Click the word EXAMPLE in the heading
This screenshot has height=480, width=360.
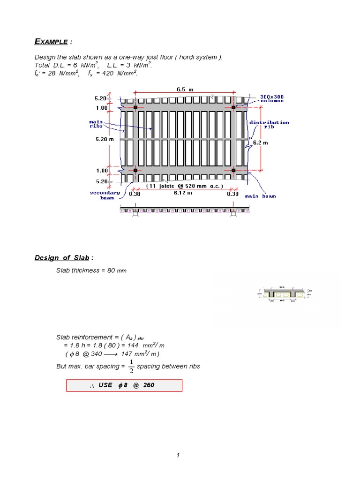coord(52,42)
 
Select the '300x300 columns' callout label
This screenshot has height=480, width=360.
coord(272,99)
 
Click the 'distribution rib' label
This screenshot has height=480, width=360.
coord(269,125)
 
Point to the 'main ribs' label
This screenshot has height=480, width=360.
coord(96,124)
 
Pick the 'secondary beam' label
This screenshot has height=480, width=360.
coord(105,195)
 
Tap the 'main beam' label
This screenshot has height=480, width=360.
coord(262,196)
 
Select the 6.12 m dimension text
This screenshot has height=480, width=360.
coord(183,193)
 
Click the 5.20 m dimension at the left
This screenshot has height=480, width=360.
coord(105,139)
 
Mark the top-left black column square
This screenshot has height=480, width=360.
coord(135,107)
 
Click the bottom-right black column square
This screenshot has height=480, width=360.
coord(233,170)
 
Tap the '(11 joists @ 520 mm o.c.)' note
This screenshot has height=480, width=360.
coord(184,186)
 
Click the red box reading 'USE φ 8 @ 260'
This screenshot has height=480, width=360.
coord(124,385)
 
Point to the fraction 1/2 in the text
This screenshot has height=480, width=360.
coord(131,366)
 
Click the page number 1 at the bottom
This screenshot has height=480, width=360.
coord(179,456)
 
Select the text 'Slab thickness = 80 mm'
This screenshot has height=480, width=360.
coord(91,270)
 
